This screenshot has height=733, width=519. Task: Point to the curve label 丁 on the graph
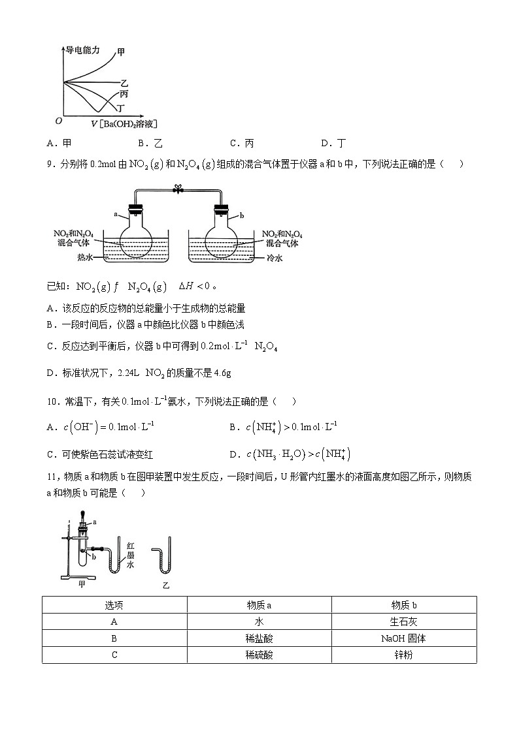[x=121, y=107]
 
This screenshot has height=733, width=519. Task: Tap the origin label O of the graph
[x=58, y=121]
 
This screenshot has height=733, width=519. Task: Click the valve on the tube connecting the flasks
[x=176, y=189]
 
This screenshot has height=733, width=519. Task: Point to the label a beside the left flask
[x=116, y=213]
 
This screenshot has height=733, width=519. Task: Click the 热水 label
[x=85, y=258]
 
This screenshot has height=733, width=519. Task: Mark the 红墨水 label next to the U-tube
[x=131, y=555]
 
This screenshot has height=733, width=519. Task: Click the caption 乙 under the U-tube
[x=166, y=585]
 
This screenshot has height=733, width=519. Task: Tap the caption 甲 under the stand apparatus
[x=82, y=584]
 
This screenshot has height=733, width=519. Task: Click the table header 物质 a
[x=259, y=605]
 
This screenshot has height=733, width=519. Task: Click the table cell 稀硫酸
[x=259, y=655]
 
